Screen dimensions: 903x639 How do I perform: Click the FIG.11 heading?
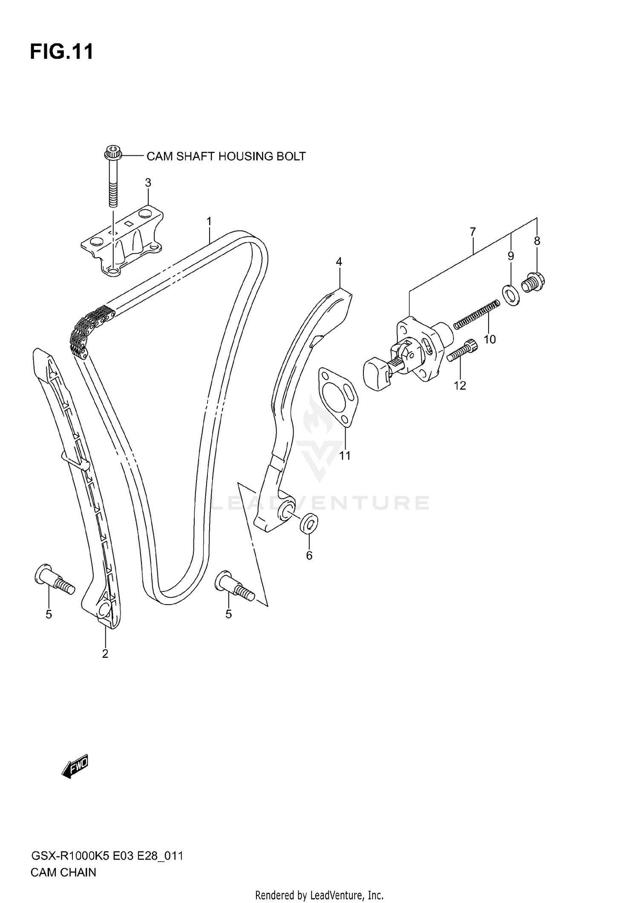pyautogui.click(x=62, y=52)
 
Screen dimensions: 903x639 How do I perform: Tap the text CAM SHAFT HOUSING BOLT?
pyautogui.click(x=226, y=156)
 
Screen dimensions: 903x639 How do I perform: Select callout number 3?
pyautogui.click(x=148, y=183)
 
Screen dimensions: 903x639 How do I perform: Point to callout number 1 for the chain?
pyautogui.click(x=209, y=221)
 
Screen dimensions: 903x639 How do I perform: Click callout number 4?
pyautogui.click(x=339, y=261)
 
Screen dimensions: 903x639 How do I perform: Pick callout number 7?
pyautogui.click(x=473, y=232)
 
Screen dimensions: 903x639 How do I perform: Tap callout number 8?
pyautogui.click(x=537, y=241)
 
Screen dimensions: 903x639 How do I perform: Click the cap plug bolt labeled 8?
pyautogui.click(x=534, y=281)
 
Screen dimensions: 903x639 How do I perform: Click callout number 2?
pyautogui.click(x=105, y=654)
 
